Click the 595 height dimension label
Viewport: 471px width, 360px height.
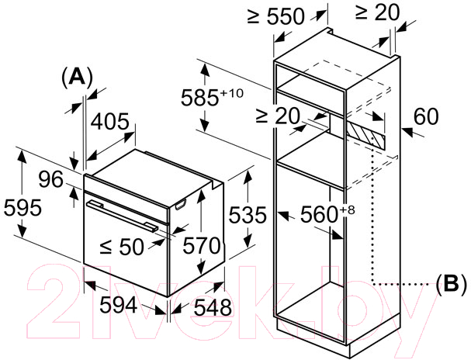coord(23,207)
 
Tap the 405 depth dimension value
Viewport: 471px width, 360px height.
coord(109,122)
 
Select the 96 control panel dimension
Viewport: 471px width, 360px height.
coord(51,179)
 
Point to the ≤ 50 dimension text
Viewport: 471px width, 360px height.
coord(122,247)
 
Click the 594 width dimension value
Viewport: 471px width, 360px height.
coord(119,305)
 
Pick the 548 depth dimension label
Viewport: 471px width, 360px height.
coord(213,307)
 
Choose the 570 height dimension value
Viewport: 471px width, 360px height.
coord(202,245)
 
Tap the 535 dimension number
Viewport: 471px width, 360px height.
coord(248,215)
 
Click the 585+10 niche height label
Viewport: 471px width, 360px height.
coord(212,97)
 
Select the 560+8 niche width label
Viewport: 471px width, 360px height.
coord(327,213)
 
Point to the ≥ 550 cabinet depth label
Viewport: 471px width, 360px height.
coord(275,16)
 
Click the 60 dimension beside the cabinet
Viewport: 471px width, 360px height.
coord(426,116)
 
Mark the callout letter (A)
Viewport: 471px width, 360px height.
coord(77,78)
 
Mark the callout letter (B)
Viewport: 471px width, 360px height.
coord(451,284)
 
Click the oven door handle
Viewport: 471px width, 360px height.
coord(122,216)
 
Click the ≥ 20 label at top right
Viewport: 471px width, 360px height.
coord(377,12)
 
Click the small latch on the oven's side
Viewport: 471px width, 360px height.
coord(180,205)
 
